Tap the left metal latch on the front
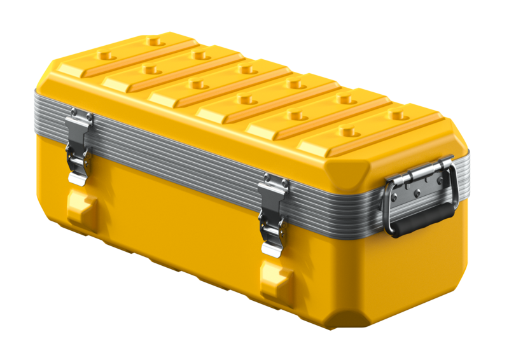tap(78, 149)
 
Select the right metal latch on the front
tap(272, 213)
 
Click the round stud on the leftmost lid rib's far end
tap(153, 41)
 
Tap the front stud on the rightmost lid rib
tap(347, 131)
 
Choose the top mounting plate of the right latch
tap(274, 184)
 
